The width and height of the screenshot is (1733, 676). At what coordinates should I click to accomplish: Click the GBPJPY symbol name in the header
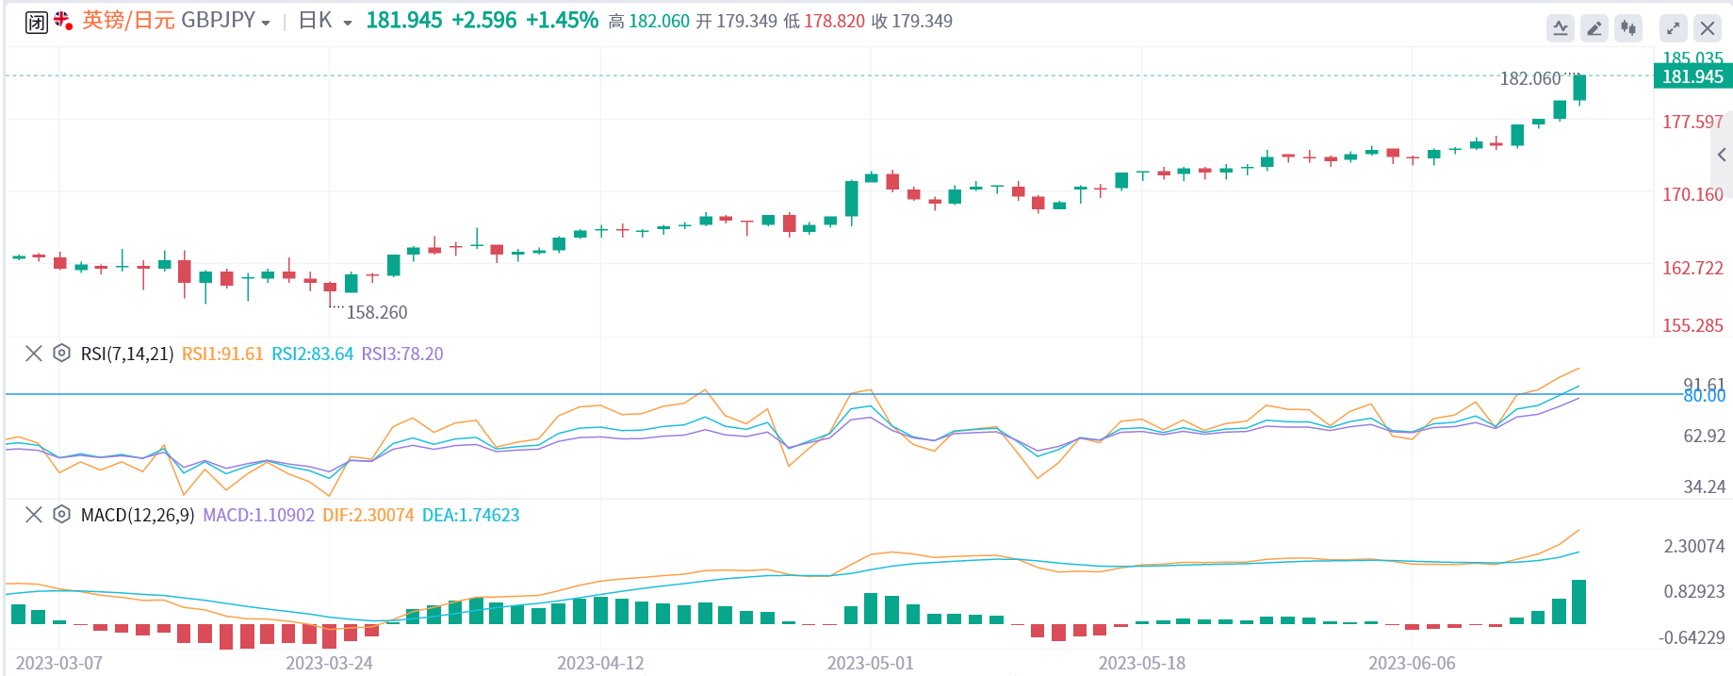(218, 21)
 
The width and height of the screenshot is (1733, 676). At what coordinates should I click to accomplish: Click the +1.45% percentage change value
(562, 21)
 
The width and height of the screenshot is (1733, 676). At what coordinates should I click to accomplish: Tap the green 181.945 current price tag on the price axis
(1692, 77)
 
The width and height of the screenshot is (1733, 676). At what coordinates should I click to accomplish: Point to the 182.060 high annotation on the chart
(1529, 79)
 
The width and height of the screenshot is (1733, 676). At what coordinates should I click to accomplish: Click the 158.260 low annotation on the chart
(377, 312)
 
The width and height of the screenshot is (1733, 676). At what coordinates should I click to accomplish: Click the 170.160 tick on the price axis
(1692, 194)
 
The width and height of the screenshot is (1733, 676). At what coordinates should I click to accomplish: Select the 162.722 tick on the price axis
(1692, 268)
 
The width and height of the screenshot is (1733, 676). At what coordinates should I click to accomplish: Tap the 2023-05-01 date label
(870, 663)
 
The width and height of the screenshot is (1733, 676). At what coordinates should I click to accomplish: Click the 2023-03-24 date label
(329, 663)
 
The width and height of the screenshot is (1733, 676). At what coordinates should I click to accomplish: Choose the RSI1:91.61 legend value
(222, 354)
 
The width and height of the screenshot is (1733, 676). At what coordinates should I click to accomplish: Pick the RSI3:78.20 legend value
(402, 354)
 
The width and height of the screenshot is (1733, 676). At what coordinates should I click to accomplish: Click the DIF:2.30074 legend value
(368, 515)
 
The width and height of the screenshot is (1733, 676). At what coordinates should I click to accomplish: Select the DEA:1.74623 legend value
(471, 515)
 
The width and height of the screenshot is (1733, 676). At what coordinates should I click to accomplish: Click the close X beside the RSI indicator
(34, 354)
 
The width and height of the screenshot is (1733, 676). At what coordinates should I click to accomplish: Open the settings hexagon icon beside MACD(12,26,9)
(61, 515)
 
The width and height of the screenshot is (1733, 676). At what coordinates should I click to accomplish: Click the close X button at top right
(1708, 28)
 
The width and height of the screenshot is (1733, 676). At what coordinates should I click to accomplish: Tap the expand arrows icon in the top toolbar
(1673, 28)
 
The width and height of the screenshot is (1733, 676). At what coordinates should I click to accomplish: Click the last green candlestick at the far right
(1579, 88)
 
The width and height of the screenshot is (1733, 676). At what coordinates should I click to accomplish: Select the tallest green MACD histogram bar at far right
(1579, 602)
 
